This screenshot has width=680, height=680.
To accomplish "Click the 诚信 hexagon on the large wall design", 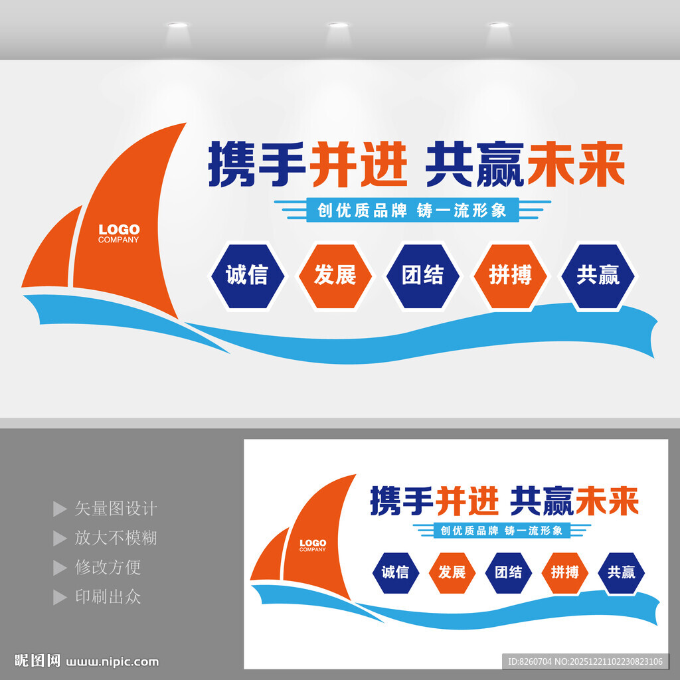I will (x=247, y=276).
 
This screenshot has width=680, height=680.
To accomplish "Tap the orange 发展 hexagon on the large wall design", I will (x=335, y=276).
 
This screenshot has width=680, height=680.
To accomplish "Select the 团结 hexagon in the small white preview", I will (x=508, y=572).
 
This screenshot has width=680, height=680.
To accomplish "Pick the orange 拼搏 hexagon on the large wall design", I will (x=510, y=276).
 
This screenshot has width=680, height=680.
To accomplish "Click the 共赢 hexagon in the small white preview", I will (x=621, y=572).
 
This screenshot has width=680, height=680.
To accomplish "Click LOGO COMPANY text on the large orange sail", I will (x=119, y=233).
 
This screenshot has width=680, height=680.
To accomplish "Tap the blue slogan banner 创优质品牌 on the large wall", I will (x=412, y=211).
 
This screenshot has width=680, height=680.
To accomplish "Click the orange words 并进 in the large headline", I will (x=359, y=163).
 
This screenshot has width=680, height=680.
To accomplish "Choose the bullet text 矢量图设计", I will (x=116, y=509).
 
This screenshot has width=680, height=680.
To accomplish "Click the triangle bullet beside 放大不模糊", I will (x=60, y=538).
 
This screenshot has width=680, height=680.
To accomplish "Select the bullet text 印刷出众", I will (x=108, y=596).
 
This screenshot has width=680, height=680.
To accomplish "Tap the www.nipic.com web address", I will (x=114, y=661).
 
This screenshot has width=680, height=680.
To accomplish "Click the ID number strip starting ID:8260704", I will (x=584, y=661).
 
